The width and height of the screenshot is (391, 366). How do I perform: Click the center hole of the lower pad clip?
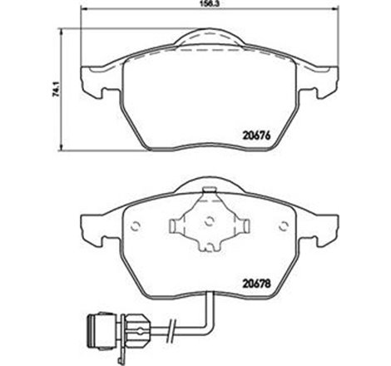[209, 222]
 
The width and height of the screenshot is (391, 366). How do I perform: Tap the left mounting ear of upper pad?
[92, 81]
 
